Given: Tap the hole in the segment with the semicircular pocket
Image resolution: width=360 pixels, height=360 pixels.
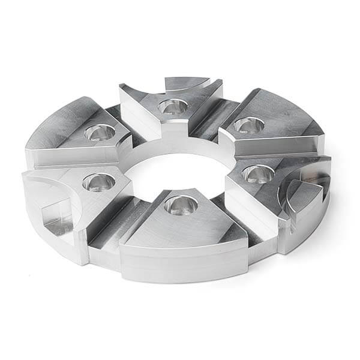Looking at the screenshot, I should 258,174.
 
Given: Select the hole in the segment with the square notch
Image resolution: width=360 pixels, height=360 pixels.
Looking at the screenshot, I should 98,181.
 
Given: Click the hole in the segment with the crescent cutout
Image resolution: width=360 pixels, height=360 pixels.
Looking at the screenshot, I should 173,107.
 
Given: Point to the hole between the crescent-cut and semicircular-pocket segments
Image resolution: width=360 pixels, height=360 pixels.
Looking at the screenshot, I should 248,125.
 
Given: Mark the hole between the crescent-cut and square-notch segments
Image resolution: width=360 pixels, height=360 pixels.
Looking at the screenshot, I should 100,131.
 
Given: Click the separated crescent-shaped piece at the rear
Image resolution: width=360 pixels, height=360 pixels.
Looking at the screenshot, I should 187,83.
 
